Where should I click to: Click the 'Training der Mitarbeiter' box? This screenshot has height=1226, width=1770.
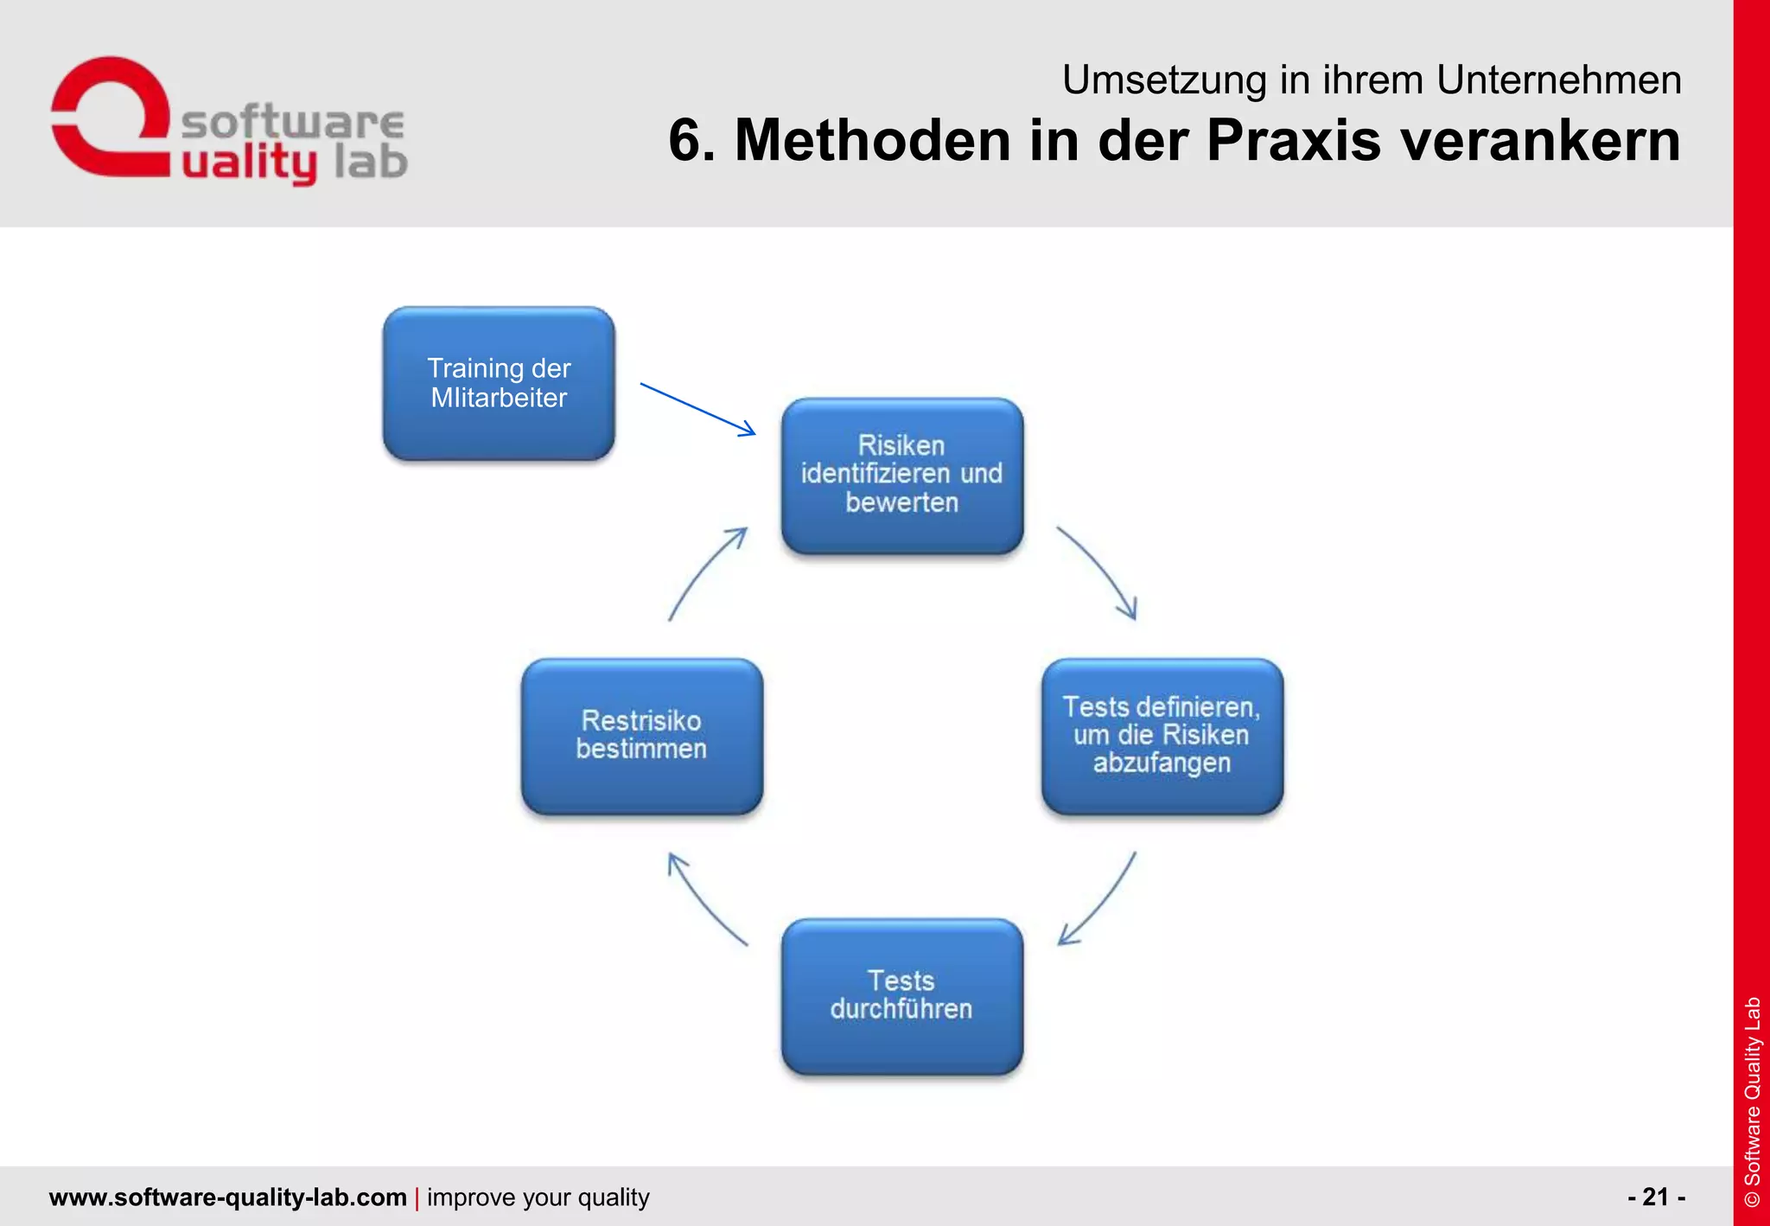499,383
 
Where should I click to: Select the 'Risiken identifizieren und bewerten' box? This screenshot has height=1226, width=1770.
901,475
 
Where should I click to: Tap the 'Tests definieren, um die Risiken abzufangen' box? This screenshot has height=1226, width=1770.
1162,736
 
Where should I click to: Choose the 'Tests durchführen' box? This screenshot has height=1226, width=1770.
901,995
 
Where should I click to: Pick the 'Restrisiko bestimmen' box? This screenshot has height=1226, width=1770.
641,736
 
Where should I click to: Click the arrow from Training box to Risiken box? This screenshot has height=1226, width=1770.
697,409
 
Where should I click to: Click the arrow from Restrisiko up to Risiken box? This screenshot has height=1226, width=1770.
704,572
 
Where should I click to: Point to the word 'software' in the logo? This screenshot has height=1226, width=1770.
292,123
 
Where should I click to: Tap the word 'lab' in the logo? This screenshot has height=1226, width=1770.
370,162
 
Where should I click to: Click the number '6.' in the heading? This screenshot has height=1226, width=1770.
692,140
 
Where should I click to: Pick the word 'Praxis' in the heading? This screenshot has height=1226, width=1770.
1294,140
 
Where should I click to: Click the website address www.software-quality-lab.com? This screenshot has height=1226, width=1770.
227,1197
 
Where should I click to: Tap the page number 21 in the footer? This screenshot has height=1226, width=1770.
1655,1197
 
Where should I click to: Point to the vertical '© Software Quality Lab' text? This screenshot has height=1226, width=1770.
1752,1101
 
